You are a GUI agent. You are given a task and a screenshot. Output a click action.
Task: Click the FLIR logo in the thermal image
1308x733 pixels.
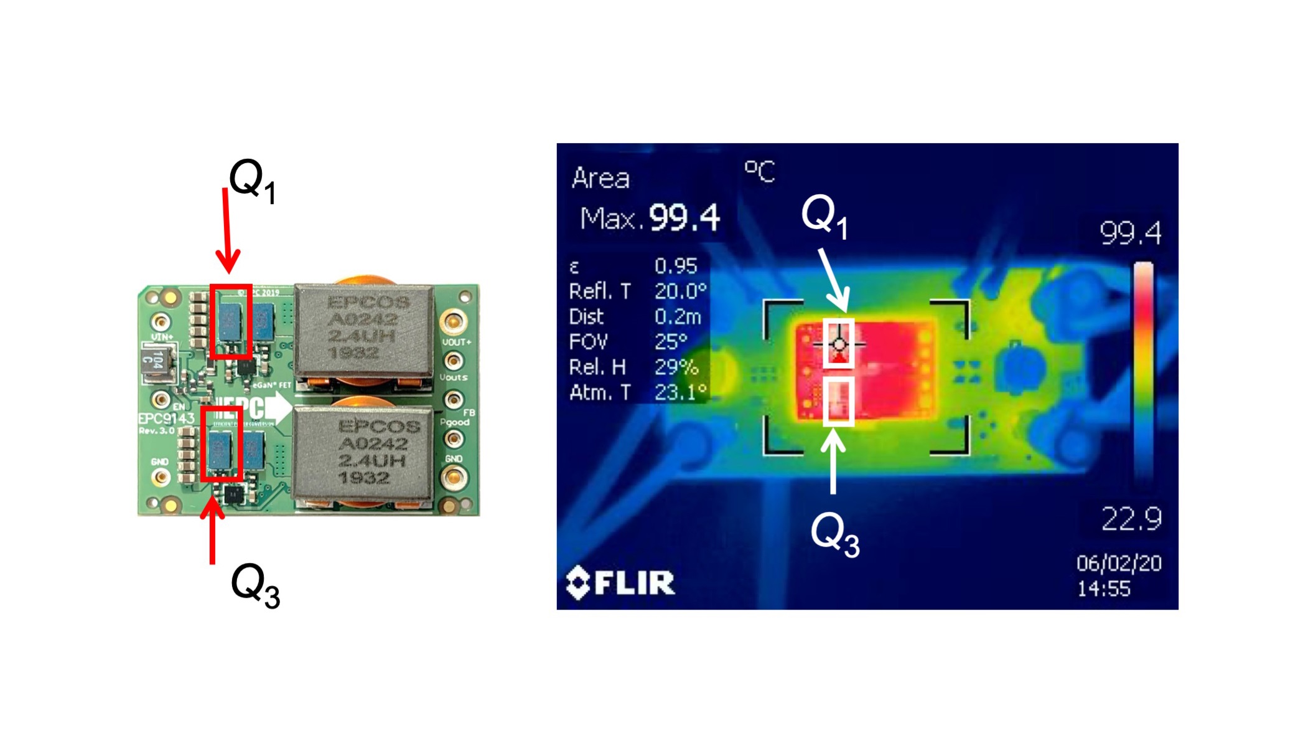620,583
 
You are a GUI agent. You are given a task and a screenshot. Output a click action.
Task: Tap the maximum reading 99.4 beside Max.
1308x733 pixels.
684,217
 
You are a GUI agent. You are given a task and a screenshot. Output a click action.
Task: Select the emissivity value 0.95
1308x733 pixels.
676,267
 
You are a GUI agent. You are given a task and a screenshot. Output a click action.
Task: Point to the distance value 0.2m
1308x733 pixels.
678,317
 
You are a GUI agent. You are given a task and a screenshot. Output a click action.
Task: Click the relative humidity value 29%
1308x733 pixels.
676,367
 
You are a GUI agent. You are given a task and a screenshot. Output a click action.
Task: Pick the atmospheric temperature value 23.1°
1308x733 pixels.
680,392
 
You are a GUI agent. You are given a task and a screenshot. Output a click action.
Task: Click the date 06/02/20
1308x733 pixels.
1119,563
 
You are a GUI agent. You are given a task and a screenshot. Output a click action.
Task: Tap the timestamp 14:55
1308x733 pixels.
1103,589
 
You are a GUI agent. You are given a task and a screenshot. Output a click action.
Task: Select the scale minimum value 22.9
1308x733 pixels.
1131,518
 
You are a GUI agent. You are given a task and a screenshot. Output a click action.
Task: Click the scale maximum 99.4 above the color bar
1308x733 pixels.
1130,233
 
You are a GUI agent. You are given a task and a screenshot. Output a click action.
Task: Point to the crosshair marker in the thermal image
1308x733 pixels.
839,344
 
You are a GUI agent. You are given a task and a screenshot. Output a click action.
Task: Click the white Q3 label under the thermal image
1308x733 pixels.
834,534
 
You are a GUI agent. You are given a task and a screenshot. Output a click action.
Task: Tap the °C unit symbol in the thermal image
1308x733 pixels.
759,171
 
